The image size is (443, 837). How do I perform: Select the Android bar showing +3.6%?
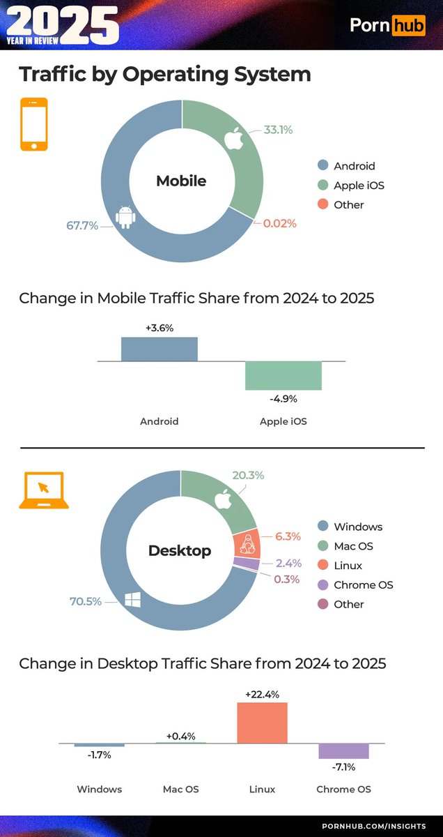(x=160, y=349)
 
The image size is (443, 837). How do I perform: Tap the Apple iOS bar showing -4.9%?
(x=283, y=375)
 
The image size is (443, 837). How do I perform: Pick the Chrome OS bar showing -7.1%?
(x=343, y=751)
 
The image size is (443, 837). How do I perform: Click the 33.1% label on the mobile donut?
(x=278, y=130)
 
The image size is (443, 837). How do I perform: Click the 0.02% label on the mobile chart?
(x=280, y=224)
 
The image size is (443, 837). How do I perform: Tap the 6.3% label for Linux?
(x=288, y=536)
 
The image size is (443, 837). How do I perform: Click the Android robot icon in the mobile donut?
(x=125, y=217)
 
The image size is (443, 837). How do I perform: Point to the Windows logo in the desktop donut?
(x=132, y=600)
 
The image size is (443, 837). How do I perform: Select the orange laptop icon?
(x=43, y=490)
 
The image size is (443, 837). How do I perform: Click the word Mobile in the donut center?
(x=181, y=181)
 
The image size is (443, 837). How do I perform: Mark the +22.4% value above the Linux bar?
(x=262, y=694)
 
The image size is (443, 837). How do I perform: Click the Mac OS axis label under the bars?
(x=180, y=789)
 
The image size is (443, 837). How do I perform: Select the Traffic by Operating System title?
(x=164, y=74)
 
